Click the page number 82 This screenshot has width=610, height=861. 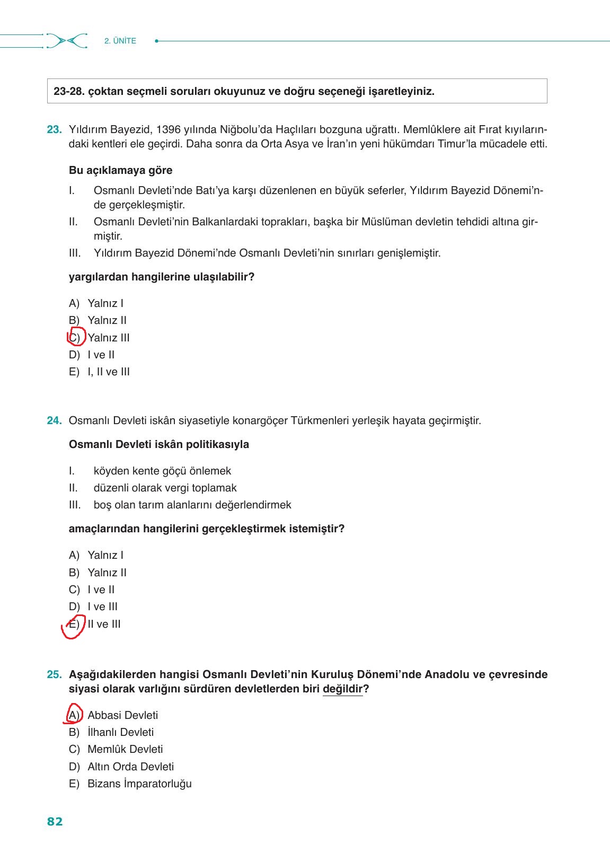(55, 821)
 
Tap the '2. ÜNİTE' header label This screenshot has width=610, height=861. (120, 41)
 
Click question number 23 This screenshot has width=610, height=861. (54, 129)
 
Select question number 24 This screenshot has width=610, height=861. (54, 420)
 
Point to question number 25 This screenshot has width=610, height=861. (54, 674)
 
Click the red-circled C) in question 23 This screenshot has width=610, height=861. (75, 337)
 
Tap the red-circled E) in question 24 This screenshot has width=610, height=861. (74, 624)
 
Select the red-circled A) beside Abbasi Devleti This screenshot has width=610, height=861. (74, 715)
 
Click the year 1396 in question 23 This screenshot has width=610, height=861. (168, 129)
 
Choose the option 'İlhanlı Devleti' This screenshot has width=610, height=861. (120, 732)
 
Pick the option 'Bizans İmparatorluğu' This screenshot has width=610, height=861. (139, 784)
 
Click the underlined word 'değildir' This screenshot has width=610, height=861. (342, 689)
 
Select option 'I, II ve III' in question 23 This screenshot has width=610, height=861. (109, 372)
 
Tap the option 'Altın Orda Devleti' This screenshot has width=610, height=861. (130, 767)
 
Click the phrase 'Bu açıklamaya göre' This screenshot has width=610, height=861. (120, 170)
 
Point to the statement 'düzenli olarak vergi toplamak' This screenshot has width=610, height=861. (165, 488)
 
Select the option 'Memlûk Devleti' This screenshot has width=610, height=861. (125, 749)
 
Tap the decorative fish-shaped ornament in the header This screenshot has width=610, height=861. (67, 41)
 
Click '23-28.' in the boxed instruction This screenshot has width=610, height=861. (68, 91)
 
